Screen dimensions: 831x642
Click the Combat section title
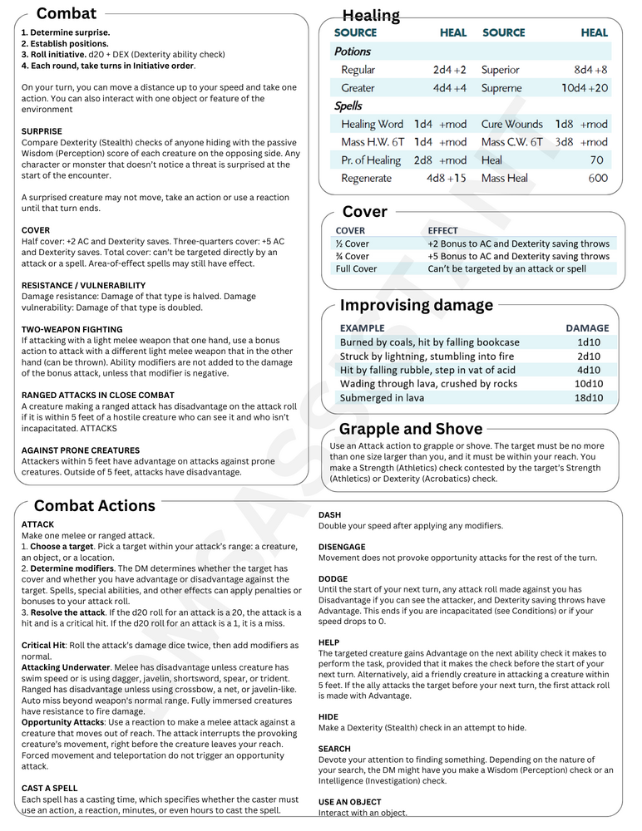tap(67, 13)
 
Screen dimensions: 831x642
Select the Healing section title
tap(371, 15)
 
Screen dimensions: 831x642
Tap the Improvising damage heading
tap(417, 305)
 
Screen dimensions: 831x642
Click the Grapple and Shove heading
tap(411, 429)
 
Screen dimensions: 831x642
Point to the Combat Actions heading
tap(95, 506)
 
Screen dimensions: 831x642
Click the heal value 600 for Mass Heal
tap(597, 178)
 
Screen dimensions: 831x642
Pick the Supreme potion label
tap(501, 88)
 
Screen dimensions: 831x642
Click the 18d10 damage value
tap(589, 398)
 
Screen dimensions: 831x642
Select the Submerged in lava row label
tap(383, 398)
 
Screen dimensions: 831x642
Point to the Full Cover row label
tap(356, 268)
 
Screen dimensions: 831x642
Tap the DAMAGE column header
tap(587, 328)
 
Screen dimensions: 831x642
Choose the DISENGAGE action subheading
tap(342, 547)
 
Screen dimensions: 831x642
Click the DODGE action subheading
tap(333, 579)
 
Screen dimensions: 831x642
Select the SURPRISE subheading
tap(42, 131)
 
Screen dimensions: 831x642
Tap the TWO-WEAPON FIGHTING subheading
tap(72, 329)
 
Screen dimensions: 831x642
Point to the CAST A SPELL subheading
tap(50, 788)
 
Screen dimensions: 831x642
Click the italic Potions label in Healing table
tap(353, 52)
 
